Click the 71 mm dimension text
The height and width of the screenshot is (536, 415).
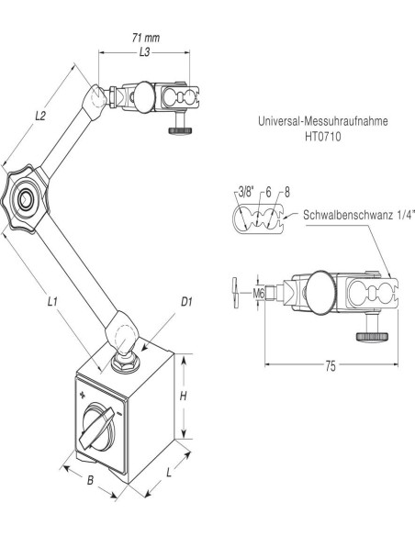(x=146, y=38)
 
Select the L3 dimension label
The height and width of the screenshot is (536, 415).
(x=144, y=52)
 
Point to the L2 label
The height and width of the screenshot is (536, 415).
(x=40, y=117)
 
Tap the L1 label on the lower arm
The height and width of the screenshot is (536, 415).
(x=52, y=301)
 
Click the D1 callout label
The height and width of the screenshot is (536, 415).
(x=186, y=301)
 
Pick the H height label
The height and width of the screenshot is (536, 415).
(x=184, y=396)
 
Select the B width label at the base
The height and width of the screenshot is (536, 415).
(x=90, y=480)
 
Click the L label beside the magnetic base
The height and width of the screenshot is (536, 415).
(x=169, y=473)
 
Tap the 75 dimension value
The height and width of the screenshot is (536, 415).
(x=331, y=366)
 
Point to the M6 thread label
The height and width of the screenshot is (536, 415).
(x=259, y=293)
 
